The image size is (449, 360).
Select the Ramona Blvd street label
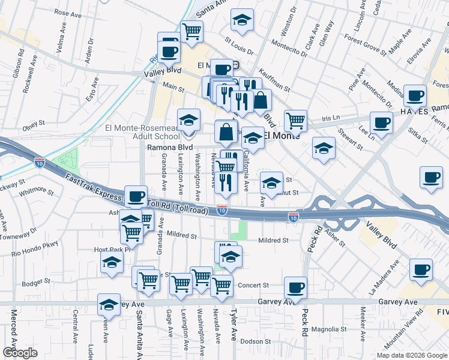(170, 147)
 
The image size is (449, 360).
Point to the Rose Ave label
(67, 12)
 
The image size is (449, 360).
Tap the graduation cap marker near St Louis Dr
(242, 20)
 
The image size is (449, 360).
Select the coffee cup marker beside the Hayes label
(415, 95)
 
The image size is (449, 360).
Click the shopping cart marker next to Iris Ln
(295, 121)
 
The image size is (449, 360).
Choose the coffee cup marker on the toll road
(136, 196)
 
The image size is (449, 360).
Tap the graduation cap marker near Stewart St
(324, 148)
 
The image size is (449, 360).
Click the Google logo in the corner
(20, 353)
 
